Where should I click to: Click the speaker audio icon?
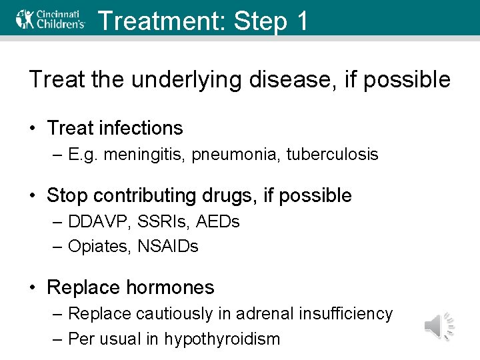click(x=439, y=326)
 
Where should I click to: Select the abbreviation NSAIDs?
click(x=167, y=247)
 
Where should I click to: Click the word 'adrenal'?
click(x=260, y=313)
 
